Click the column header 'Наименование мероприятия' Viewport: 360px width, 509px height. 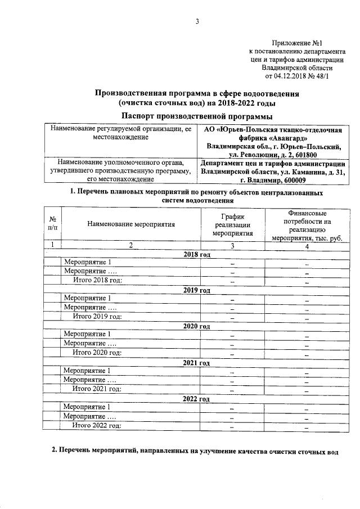click(x=130, y=224)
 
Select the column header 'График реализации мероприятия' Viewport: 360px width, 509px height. click(x=232, y=224)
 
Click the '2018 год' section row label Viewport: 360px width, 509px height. click(x=196, y=255)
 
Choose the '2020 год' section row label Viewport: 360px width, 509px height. click(x=196, y=326)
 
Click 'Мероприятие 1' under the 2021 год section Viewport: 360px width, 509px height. click(x=87, y=371)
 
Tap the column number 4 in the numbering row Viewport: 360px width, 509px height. click(x=307, y=245)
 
